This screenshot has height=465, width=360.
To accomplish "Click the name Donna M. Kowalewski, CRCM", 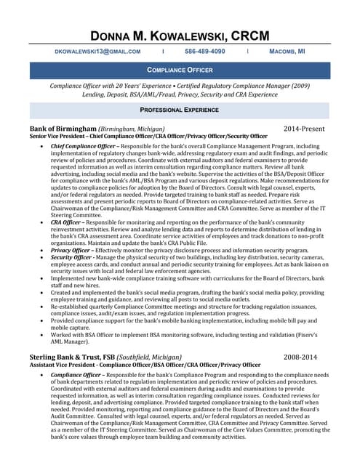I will (x=180, y=36).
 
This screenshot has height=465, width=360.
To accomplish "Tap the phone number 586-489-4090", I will (x=204, y=52).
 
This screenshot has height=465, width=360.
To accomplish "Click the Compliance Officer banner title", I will (x=180, y=70).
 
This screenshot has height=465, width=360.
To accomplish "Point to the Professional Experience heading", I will (x=180, y=110).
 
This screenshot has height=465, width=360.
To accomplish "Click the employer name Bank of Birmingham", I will (x=63, y=129).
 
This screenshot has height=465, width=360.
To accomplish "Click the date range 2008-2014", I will (x=300, y=357).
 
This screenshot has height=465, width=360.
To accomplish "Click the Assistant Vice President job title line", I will (x=145, y=365).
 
